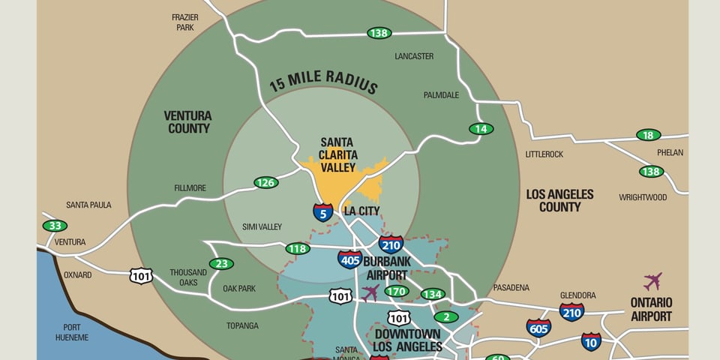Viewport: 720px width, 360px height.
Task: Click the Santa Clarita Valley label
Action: pyautogui.click(x=337, y=154)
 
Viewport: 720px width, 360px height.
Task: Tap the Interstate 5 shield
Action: pyautogui.click(x=323, y=212)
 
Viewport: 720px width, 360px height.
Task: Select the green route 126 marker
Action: pyautogui.click(x=265, y=182)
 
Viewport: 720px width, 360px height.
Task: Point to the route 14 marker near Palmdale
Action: pyautogui.click(x=481, y=129)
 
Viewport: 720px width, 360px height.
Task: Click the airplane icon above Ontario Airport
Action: pyautogui.click(x=652, y=282)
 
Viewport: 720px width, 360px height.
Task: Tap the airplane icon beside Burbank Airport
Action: pyautogui.click(x=370, y=292)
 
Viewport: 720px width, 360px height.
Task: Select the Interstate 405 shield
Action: pyautogui.click(x=349, y=259)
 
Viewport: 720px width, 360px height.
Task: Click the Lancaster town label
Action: pyautogui.click(x=414, y=56)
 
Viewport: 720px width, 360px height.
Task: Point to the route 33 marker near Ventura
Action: pyautogui.click(x=55, y=226)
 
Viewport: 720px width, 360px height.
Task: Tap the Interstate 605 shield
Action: pyautogui.click(x=538, y=327)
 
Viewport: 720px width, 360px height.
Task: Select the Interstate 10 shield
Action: pyautogui.click(x=591, y=341)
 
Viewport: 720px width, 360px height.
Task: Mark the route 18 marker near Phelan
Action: pyautogui.click(x=648, y=135)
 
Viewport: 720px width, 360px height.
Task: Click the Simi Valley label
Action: pyautogui.click(x=262, y=226)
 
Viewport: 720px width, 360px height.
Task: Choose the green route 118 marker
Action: pyautogui.click(x=298, y=248)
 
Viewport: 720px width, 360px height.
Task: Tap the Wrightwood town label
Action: pyautogui.click(x=642, y=197)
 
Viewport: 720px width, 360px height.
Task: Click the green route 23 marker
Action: pyautogui.click(x=221, y=263)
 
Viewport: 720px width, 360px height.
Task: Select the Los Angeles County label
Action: pyautogui.click(x=559, y=200)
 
